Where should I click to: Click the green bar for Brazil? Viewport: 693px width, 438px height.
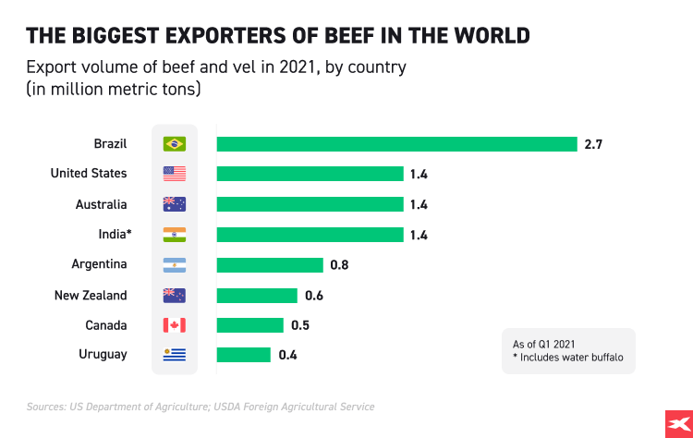396,144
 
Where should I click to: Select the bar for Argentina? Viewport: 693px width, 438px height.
270,265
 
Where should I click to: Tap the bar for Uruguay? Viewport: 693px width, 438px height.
244,355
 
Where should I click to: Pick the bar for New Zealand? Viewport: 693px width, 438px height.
257,296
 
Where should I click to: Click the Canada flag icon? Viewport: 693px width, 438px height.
174,325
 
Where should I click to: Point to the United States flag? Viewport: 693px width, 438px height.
174,174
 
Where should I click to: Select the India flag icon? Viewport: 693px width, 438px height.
174,235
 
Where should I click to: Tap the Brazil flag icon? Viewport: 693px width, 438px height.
174,144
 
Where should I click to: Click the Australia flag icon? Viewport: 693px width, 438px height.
174,204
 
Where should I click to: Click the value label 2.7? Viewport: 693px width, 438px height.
593,144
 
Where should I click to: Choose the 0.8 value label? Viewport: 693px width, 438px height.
339,265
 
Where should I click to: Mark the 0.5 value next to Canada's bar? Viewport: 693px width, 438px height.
299,325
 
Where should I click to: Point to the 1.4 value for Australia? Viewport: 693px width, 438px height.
419,204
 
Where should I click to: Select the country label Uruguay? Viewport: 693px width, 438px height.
103,355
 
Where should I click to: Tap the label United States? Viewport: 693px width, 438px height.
89,174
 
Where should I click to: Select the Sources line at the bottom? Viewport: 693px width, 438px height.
200,406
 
